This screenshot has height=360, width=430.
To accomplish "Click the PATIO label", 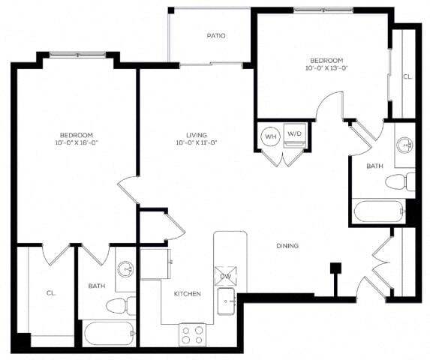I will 216,35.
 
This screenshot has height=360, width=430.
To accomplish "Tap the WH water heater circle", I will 270,137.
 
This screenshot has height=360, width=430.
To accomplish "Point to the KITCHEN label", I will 188,294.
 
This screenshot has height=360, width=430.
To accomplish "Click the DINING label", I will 287,245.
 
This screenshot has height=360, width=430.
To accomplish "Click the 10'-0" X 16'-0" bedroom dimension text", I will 76,142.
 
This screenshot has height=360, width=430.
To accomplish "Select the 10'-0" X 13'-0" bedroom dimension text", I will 326,68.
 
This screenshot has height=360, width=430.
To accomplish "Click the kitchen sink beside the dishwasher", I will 226,301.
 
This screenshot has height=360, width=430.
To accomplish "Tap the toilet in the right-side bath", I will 399,181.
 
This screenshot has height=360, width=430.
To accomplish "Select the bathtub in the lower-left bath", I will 109,332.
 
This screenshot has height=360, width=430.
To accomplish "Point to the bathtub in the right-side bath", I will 379,211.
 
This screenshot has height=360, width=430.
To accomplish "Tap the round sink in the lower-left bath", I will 125,268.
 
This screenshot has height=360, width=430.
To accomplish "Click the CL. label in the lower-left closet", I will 51,294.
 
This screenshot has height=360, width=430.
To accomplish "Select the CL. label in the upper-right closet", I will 407,76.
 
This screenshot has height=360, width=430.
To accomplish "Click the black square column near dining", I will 335,266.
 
